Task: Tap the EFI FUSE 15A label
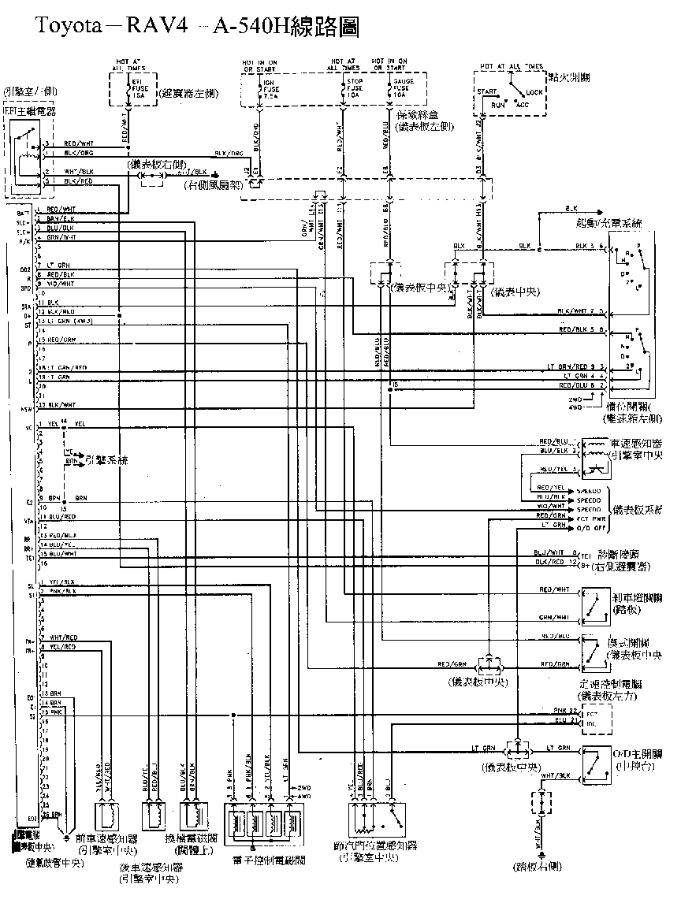pos(136,92)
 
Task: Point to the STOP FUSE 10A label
pos(355,92)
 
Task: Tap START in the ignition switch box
pos(486,91)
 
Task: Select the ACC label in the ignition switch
pos(522,104)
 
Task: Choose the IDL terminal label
pos(593,722)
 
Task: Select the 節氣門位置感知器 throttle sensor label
pos(375,845)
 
